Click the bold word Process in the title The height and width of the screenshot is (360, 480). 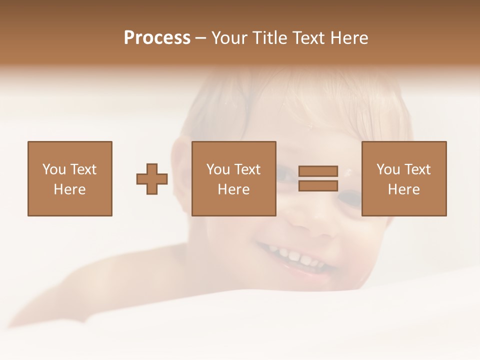[157, 38]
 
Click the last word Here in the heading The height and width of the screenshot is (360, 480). [350, 38]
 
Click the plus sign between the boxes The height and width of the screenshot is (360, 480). [152, 179]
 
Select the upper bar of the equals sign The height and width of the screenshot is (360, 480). [318, 171]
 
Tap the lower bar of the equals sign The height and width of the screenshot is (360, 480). [318, 185]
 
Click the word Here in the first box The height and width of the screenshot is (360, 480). [69, 189]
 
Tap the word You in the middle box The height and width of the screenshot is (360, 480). [218, 169]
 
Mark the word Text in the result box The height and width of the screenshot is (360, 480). [417, 169]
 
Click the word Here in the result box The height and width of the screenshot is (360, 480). [403, 189]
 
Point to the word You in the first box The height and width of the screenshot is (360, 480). [54, 169]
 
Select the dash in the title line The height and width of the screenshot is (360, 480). [200, 38]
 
